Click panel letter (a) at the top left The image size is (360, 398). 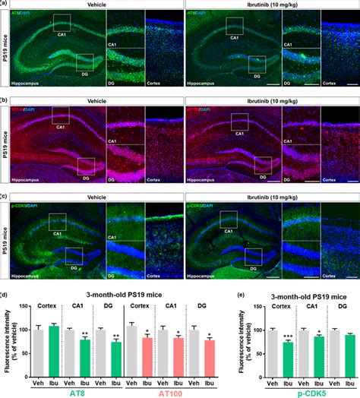(5, 4)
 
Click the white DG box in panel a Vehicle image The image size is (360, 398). (84, 62)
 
